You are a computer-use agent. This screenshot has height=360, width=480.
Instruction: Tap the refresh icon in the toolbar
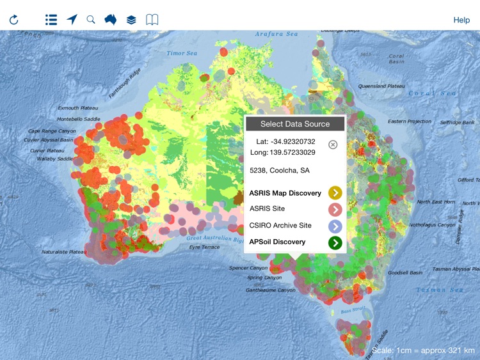[x=13, y=20]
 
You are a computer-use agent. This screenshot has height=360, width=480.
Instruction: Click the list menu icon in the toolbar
[x=51, y=20]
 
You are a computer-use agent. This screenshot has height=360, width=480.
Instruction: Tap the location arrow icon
[x=72, y=20]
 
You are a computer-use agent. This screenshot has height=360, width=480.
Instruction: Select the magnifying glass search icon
[x=91, y=20]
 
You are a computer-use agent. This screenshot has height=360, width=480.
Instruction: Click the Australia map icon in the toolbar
[x=111, y=20]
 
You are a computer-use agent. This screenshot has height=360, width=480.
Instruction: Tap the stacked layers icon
[x=131, y=20]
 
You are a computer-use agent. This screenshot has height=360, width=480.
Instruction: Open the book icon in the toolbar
[x=152, y=20]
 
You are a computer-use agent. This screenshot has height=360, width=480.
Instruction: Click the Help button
[x=461, y=20]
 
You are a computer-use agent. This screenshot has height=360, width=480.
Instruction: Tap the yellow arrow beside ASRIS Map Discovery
[x=335, y=192]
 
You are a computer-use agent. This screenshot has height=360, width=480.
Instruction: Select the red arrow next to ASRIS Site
[x=335, y=209]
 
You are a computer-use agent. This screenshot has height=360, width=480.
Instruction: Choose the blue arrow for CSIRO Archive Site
[x=335, y=226]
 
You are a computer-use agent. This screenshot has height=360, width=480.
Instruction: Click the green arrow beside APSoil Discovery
[x=335, y=242]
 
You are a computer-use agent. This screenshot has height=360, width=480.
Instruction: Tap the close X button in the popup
[x=333, y=145]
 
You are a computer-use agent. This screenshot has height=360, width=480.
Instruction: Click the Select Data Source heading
[x=295, y=123]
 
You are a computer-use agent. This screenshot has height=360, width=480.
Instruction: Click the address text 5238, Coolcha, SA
[x=280, y=171]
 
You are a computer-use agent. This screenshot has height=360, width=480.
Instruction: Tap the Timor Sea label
[x=182, y=54]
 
